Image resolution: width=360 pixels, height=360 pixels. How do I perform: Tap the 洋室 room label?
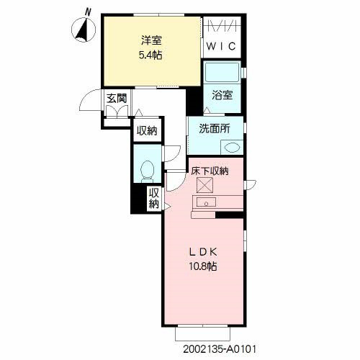151,40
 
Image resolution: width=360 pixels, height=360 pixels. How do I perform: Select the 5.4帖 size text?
150,55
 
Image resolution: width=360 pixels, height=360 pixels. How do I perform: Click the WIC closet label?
221,46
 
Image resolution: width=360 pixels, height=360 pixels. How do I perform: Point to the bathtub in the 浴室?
222,72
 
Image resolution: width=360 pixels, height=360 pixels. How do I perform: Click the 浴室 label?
222,95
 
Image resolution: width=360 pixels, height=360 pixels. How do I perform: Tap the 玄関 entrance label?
117,98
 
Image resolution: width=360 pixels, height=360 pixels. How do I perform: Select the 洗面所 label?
215,129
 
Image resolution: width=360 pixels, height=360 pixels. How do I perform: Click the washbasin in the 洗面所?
232,147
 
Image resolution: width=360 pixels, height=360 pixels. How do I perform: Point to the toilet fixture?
147,171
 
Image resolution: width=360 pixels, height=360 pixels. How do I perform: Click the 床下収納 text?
210,171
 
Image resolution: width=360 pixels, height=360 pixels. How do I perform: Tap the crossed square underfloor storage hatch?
204,185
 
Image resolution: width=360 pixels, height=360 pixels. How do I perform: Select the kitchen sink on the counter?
206,202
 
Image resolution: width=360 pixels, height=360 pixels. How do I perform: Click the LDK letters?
203,252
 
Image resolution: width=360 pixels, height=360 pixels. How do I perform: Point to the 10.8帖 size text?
203,266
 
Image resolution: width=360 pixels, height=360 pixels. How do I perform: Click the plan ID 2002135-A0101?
220,349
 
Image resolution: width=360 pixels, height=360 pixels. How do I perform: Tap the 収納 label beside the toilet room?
147,131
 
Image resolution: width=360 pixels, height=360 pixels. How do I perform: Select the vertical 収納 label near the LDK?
154,199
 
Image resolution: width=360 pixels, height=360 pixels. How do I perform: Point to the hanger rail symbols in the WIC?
222,26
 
